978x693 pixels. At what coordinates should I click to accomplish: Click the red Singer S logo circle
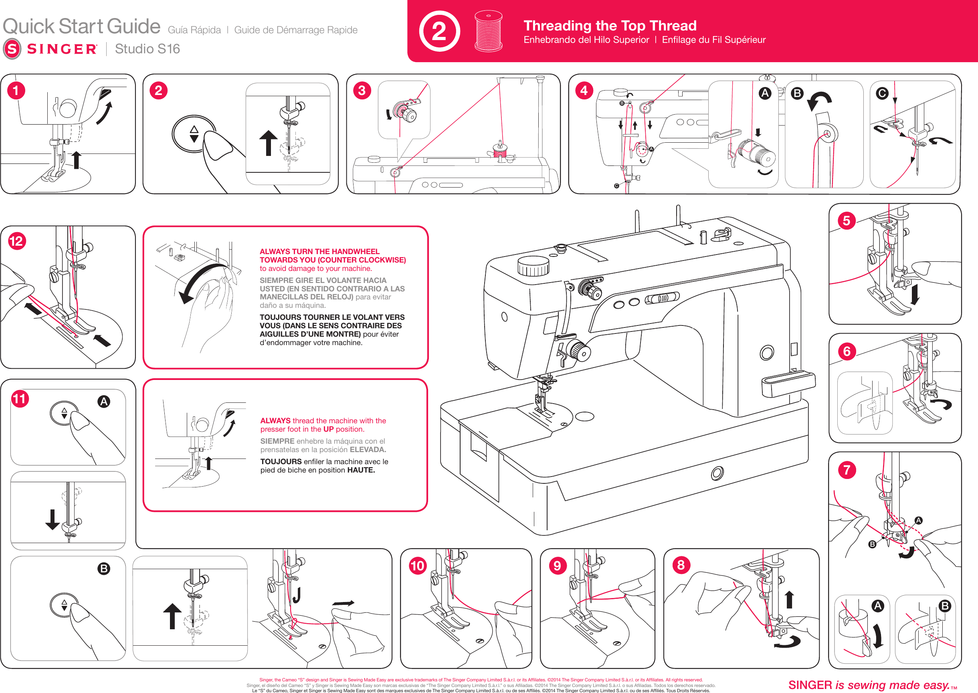(x=12, y=49)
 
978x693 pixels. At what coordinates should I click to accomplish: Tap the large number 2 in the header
(x=439, y=32)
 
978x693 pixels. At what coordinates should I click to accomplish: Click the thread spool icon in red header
(x=488, y=31)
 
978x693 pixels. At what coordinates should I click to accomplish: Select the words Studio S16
(x=147, y=49)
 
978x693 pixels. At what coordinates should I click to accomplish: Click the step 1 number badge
(x=16, y=91)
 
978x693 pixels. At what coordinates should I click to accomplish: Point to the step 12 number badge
(x=17, y=241)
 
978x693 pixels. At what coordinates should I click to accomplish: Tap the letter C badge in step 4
(x=882, y=93)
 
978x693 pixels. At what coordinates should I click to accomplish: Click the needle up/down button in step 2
(x=194, y=134)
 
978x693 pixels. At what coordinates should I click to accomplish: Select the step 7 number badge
(x=847, y=470)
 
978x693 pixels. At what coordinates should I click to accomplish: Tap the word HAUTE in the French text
(x=361, y=470)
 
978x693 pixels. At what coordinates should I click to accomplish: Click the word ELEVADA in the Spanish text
(x=368, y=450)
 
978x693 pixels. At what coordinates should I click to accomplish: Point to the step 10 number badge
(x=418, y=566)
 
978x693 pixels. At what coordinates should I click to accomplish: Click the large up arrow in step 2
(x=269, y=143)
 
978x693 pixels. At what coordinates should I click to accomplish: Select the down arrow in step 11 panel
(x=53, y=519)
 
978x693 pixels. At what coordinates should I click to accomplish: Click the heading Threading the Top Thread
(x=610, y=26)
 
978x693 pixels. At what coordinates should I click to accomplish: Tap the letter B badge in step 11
(x=103, y=568)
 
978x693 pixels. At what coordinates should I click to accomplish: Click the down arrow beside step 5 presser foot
(x=914, y=295)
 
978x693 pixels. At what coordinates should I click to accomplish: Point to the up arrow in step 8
(x=789, y=599)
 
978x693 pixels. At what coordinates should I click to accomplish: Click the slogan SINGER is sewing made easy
(x=869, y=685)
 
